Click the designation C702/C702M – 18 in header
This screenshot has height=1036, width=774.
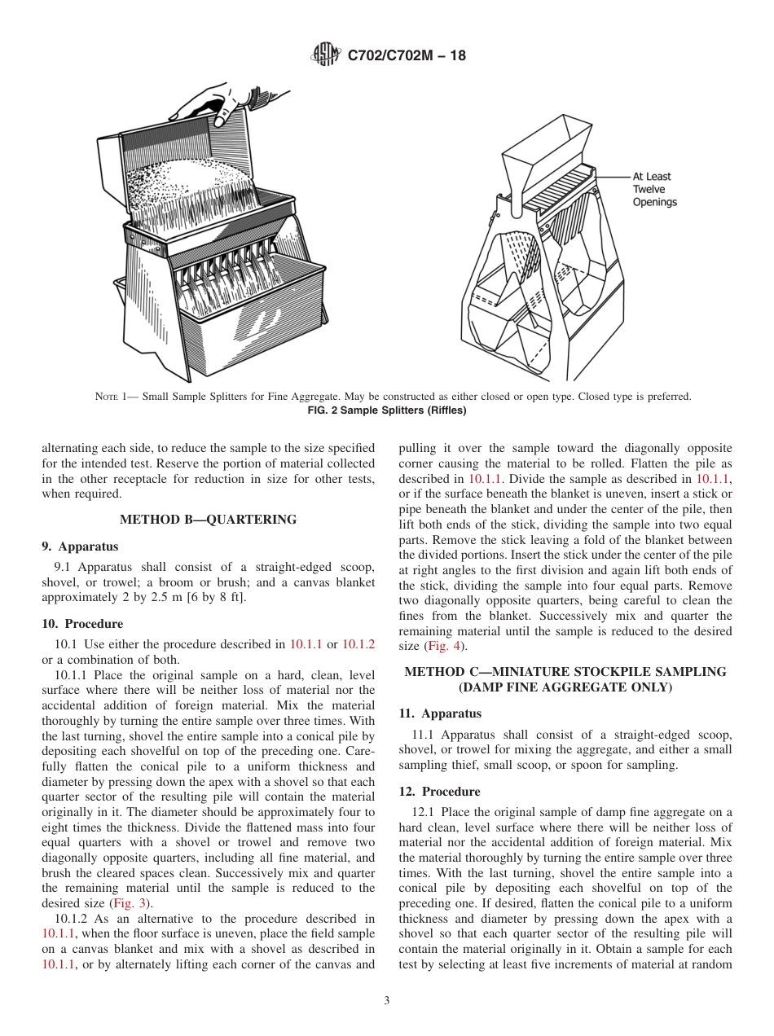pyautogui.click(x=407, y=56)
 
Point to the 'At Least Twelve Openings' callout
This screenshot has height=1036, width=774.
pyautogui.click(x=654, y=189)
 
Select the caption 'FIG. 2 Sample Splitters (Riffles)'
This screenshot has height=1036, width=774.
pyautogui.click(x=386, y=410)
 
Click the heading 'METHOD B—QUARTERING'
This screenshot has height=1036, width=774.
pyautogui.click(x=208, y=520)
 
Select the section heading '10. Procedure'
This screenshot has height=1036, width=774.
pyautogui.click(x=82, y=624)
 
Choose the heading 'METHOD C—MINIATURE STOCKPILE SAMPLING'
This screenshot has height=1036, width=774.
pyautogui.click(x=565, y=672)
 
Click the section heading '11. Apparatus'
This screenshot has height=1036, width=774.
pyautogui.click(x=440, y=713)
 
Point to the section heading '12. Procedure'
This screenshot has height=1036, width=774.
pyautogui.click(x=439, y=792)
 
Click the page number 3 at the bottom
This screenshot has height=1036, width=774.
pyautogui.click(x=386, y=1001)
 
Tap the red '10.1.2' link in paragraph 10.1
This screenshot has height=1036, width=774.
pyautogui.click(x=358, y=644)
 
